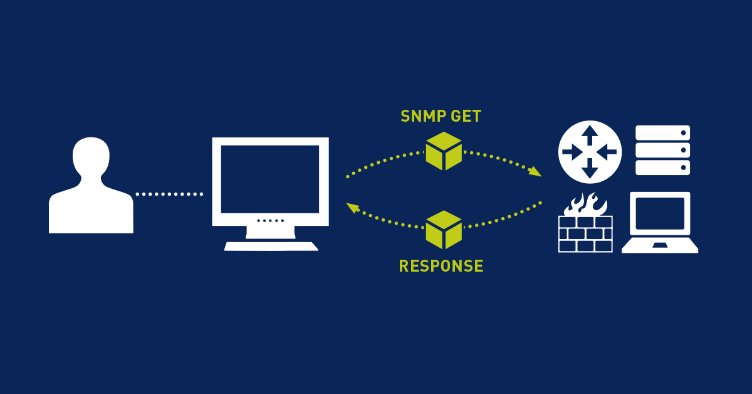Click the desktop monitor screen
pyautogui.click(x=270, y=179)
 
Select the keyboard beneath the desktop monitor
pyautogui.click(x=271, y=246)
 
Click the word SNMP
pyautogui.click(x=421, y=117)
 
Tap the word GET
pyautogui.click(x=465, y=117)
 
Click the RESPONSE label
pyautogui.click(x=441, y=266)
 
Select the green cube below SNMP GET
pyautogui.click(x=444, y=151)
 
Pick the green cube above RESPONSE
pyautogui.click(x=444, y=230)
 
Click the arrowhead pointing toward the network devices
pyautogui.click(x=535, y=172)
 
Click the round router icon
pyautogui.click(x=589, y=152)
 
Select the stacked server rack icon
pyautogui.click(x=662, y=151)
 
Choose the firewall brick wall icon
pyautogui.click(x=585, y=233)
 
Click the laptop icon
pyautogui.click(x=660, y=223)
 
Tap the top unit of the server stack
pyautogui.click(x=662, y=133)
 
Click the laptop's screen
pyautogui.click(x=660, y=213)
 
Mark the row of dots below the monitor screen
pyautogui.click(x=271, y=220)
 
